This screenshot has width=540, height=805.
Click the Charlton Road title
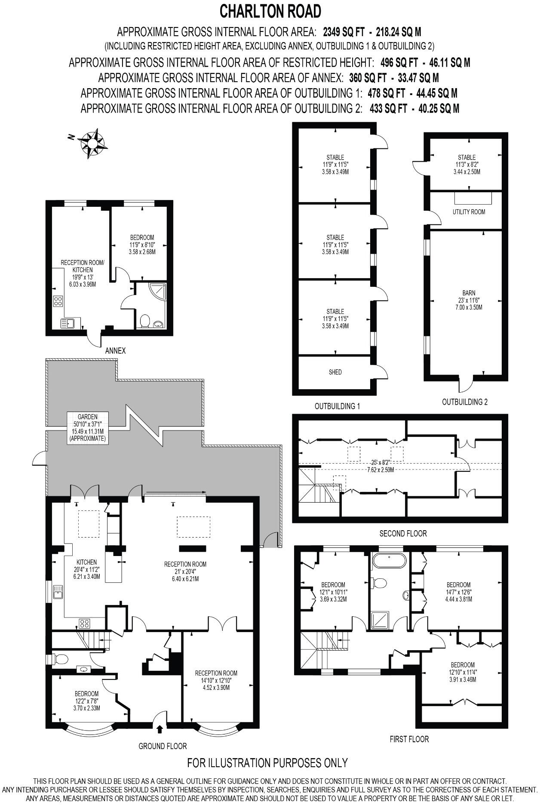270,12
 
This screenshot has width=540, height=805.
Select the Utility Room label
469,212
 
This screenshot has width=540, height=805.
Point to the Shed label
335,372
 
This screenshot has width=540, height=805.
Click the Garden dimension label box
87,428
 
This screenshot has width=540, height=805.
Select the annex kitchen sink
68,323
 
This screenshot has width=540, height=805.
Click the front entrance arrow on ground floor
160,729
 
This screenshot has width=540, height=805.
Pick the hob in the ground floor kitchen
84,623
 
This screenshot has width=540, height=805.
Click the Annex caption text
116,350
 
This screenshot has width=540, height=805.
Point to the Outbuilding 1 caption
337,406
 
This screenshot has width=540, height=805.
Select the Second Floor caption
403,534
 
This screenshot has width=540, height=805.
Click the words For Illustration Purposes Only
267,763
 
